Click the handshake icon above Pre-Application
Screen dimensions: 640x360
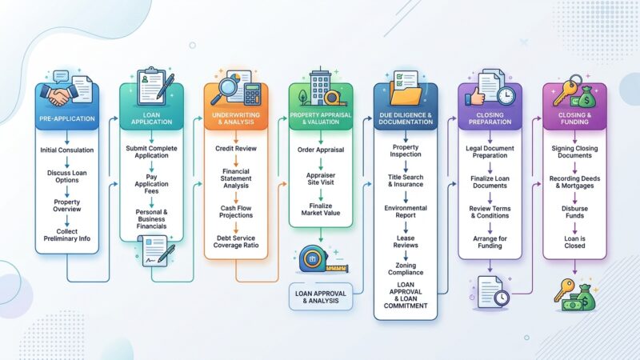click(x=58, y=94)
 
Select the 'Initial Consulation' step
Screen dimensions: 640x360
click(x=67, y=150)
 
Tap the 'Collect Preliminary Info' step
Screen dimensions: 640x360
click(x=67, y=235)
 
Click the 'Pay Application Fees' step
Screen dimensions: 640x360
click(x=151, y=184)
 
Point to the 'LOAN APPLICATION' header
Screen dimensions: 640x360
click(x=151, y=118)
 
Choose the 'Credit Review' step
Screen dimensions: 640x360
click(x=236, y=149)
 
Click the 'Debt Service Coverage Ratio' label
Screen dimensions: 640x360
click(x=236, y=242)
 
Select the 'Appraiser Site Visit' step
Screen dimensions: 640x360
click(x=321, y=178)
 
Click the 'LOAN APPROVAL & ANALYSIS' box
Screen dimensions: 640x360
click(x=321, y=297)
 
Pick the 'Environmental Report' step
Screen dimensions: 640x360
click(x=406, y=211)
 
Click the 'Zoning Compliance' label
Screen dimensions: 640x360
click(x=406, y=269)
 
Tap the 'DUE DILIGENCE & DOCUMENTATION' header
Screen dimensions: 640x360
click(x=406, y=118)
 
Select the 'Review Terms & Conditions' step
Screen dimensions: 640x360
click(x=490, y=212)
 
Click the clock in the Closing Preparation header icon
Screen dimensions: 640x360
click(x=506, y=95)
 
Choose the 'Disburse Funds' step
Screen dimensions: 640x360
click(x=574, y=212)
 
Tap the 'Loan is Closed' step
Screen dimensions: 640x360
click(x=574, y=242)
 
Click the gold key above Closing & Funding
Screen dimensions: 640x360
click(x=566, y=91)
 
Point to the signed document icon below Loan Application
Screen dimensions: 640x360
click(x=155, y=250)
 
